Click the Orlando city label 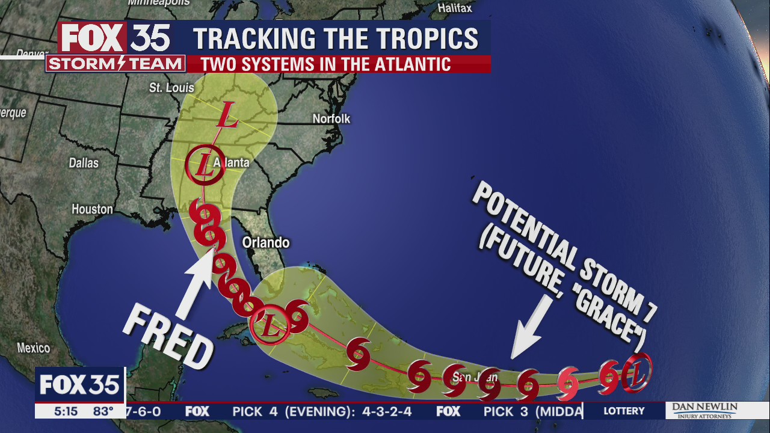[x=265, y=242]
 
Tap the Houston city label [x=92, y=209]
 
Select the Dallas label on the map [x=84, y=163]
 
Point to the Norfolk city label [x=331, y=119]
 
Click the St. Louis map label [x=171, y=88]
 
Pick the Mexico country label [x=33, y=348]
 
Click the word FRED [x=169, y=337]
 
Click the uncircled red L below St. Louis [x=227, y=115]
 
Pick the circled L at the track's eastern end [x=638, y=372]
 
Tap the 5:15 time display [x=66, y=411]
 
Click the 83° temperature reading [x=103, y=411]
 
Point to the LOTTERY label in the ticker [x=624, y=411]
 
